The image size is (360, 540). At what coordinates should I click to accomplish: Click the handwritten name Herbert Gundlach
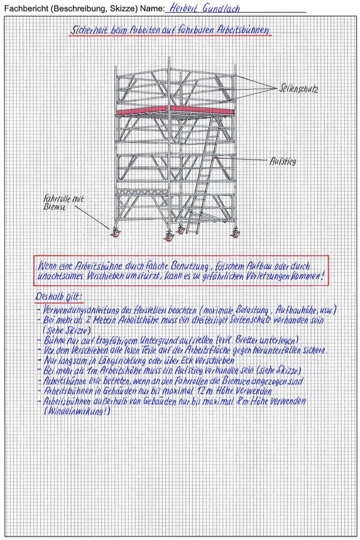[204, 9]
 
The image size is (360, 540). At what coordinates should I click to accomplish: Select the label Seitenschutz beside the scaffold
[298, 89]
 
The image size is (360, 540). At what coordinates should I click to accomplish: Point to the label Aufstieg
[283, 161]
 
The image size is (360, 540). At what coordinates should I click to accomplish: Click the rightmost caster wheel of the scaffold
[236, 233]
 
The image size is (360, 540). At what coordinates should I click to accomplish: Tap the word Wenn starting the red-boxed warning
[48, 266]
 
